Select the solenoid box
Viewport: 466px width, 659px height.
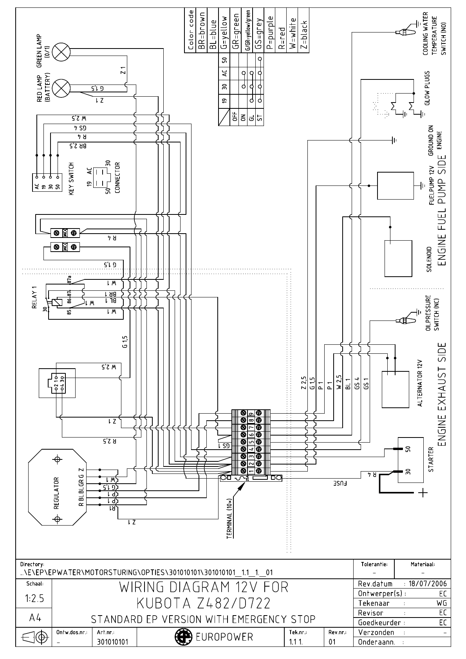pos(398,258)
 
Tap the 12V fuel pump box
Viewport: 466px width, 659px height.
pos(395,186)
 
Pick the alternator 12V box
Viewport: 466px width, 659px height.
pos(396,389)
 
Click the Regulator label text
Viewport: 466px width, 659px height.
pos(56,493)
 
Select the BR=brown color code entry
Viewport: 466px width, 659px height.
pos(202,31)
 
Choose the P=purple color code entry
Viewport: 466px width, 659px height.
pos(269,31)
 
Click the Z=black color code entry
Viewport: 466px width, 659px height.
pos(303,31)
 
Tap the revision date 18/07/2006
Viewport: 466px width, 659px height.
pos(428,583)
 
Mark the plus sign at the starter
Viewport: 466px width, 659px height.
pos(422,493)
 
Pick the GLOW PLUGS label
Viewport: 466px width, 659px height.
pos(427,88)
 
